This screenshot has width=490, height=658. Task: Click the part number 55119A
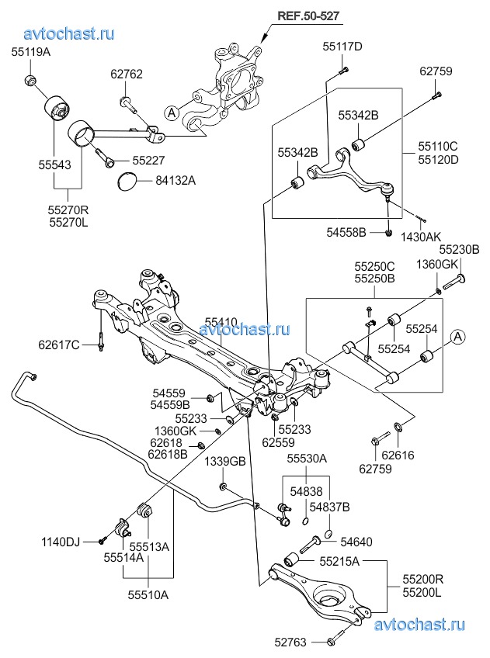pos(30,52)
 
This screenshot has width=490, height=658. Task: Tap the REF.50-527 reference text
pos(308,16)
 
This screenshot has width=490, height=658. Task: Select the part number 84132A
pos(175,181)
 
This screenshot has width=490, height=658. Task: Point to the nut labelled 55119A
pos(30,78)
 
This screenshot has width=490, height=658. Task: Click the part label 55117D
pos(342,47)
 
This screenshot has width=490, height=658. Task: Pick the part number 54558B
pos(346,232)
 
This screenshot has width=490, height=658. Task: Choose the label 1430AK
pos(421,237)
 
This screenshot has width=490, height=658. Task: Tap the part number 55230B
pos(460,250)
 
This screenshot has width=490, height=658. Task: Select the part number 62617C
pos(59,345)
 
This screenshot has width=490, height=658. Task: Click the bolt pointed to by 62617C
pos(101,341)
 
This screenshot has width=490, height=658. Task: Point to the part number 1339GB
pos(225,462)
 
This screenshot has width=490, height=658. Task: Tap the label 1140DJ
pos(61,542)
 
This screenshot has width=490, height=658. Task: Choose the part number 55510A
pos(148,594)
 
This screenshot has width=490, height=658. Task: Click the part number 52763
pos(290,642)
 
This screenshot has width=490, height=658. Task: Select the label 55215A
pos(339,561)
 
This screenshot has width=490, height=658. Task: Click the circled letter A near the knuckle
pos(172,113)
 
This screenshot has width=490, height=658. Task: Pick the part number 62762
pos(127,74)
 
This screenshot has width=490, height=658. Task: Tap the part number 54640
pos(356,542)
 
